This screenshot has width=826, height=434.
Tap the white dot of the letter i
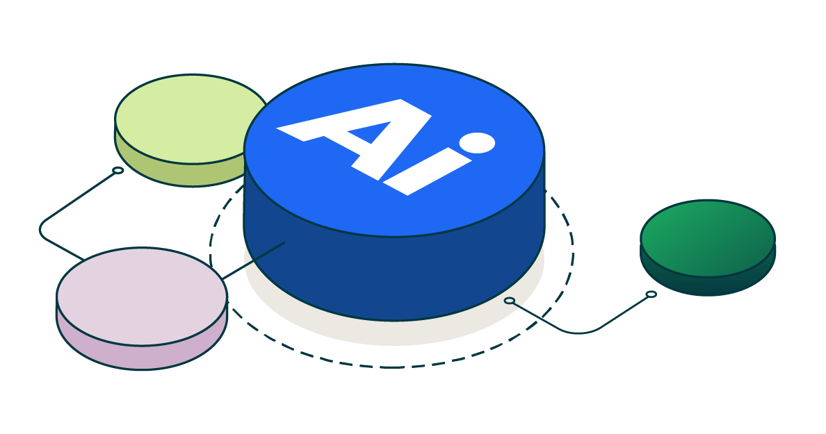[x=477, y=142]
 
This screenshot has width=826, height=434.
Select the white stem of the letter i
[x=427, y=172]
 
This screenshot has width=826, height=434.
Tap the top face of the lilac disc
[x=142, y=297]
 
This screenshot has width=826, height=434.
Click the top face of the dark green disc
[x=708, y=237]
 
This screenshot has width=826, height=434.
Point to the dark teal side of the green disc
[x=708, y=284]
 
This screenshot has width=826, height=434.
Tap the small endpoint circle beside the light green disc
[x=118, y=170]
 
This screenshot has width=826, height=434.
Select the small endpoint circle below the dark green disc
[x=651, y=294]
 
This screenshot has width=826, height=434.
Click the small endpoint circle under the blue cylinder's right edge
[x=509, y=301]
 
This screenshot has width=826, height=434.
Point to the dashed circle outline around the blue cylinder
[x=391, y=367]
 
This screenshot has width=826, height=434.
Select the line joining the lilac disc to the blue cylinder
[x=253, y=260]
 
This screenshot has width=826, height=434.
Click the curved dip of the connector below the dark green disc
[x=579, y=331]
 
